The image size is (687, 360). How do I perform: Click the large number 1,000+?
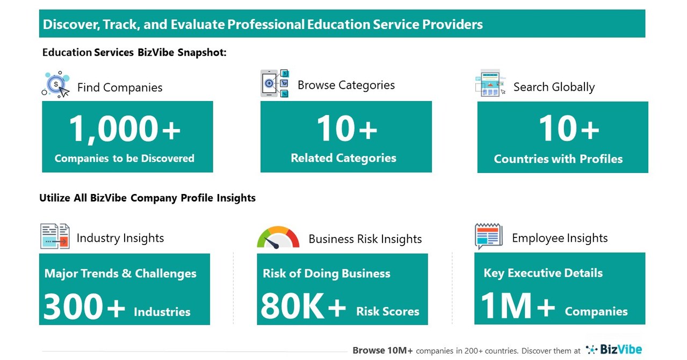click(125, 129)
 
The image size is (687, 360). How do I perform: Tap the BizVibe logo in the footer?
click(614, 350)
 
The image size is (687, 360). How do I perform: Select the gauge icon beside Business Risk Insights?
click(278, 237)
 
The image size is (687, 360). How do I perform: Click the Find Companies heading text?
click(119, 88)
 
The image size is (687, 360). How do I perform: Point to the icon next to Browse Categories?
click(275, 84)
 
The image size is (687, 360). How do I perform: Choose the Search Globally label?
click(554, 87)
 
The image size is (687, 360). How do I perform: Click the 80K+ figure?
click(303, 307)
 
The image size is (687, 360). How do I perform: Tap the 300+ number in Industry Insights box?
click(84, 307)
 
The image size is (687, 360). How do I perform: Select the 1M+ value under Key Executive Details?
click(517, 307)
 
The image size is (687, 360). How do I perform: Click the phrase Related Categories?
click(343, 158)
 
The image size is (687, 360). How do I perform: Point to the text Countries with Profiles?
click(558, 159)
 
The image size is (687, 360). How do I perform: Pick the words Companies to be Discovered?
click(125, 158)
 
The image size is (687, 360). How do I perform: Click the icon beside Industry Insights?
click(55, 236)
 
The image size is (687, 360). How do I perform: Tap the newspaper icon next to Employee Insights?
click(488, 236)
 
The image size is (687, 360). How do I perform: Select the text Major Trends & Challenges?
click(120, 273)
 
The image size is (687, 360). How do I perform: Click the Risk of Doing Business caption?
click(326, 273)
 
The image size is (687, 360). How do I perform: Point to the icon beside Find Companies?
click(56, 84)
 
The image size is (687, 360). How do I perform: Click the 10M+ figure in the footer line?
click(397, 350)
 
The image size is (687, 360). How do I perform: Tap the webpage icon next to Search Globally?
click(490, 83)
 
